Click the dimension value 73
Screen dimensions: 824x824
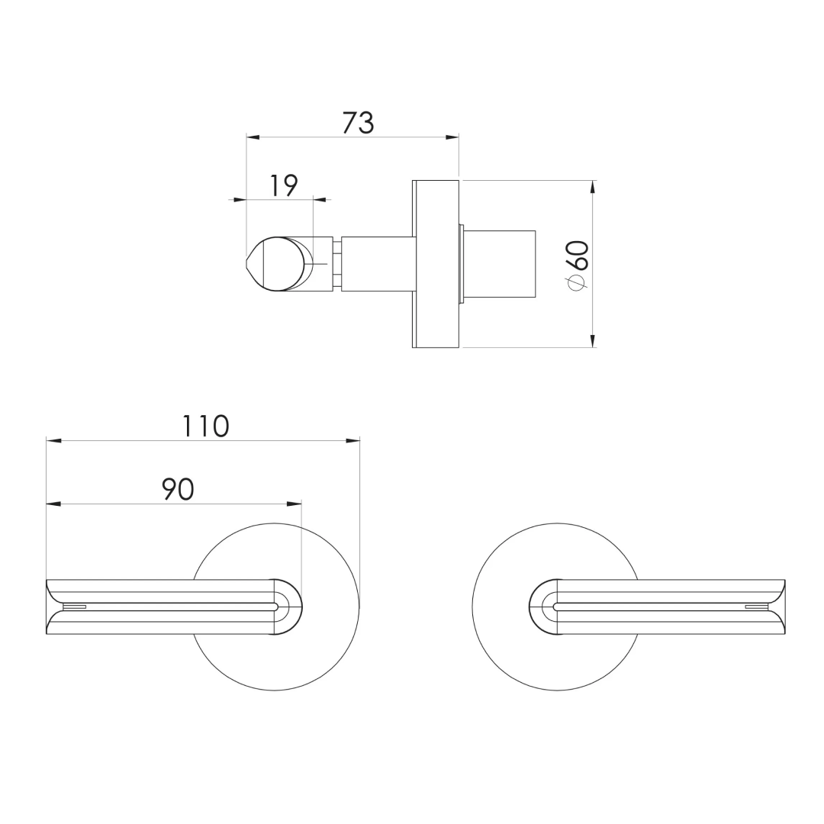click(358, 122)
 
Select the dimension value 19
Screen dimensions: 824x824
click(283, 185)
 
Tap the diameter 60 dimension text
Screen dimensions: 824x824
click(578, 264)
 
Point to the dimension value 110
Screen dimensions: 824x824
click(205, 426)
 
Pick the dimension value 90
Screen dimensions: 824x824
click(178, 489)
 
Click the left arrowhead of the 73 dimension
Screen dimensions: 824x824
click(253, 137)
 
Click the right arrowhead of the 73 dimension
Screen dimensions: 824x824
click(452, 137)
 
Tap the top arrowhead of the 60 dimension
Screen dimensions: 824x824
click(593, 187)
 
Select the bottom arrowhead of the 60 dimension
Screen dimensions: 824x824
click(593, 341)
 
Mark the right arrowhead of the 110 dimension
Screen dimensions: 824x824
click(352, 440)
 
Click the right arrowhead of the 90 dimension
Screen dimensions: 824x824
click(295, 504)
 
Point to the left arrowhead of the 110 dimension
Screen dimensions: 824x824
click(53, 440)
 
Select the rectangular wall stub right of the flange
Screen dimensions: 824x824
click(500, 264)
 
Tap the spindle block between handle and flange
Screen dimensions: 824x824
click(378, 264)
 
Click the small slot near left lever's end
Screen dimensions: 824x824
click(74, 607)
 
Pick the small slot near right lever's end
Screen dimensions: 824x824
click(757, 607)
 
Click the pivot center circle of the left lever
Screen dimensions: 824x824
click(280, 607)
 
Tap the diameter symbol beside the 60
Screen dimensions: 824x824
click(577, 283)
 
